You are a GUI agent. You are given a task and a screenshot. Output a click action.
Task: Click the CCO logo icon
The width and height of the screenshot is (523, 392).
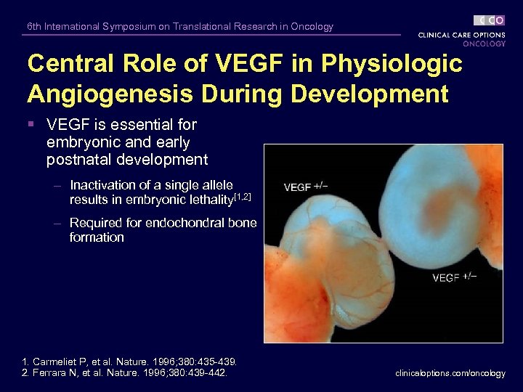(489, 20)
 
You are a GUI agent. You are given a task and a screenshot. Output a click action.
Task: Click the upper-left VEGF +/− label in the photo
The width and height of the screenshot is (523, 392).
(305, 187)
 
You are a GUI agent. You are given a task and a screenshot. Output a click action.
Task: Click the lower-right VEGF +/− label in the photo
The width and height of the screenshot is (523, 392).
(454, 277)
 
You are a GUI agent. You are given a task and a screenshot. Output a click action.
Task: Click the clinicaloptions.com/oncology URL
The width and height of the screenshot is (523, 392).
(450, 373)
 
